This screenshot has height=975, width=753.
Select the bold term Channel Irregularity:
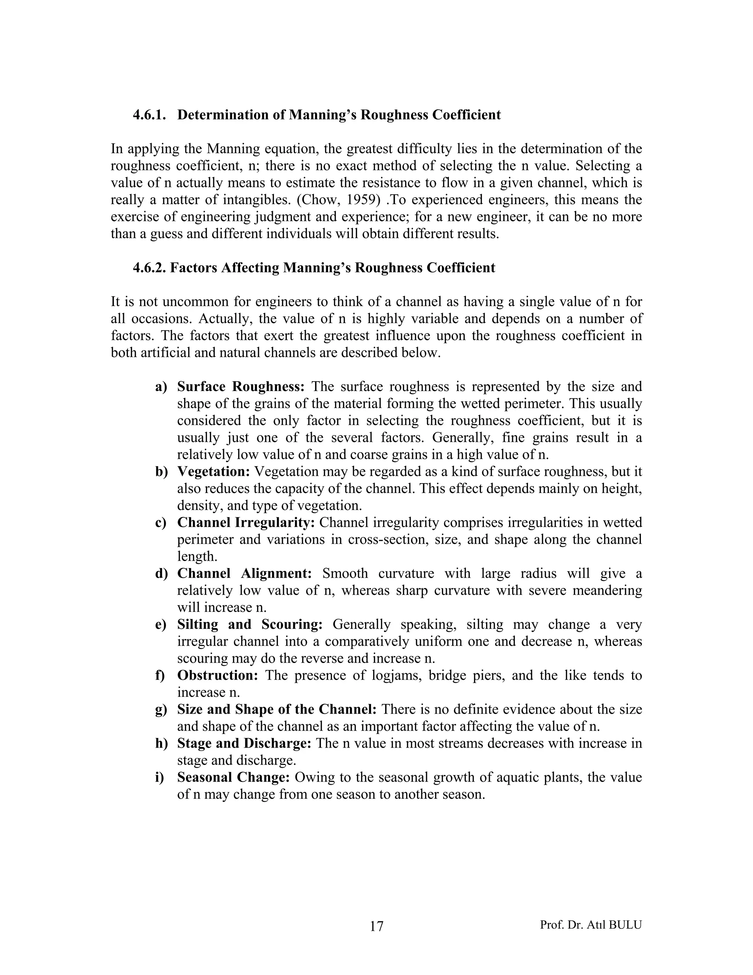click(246, 523)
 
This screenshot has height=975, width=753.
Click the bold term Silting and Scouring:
click(249, 625)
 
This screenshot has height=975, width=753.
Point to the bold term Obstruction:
click(217, 676)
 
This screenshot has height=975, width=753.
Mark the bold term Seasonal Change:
click(233, 778)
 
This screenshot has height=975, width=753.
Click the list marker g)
click(161, 710)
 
